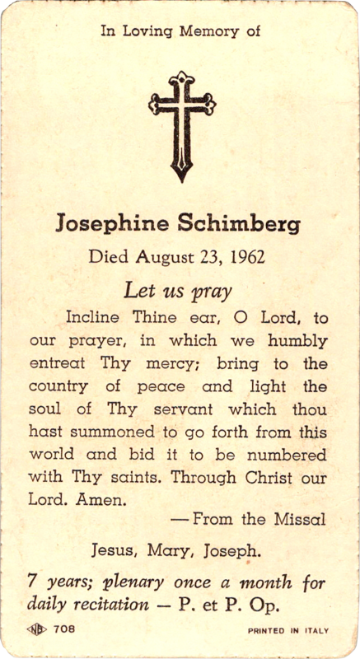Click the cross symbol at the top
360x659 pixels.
point(182,124)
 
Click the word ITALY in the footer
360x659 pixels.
point(314,632)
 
